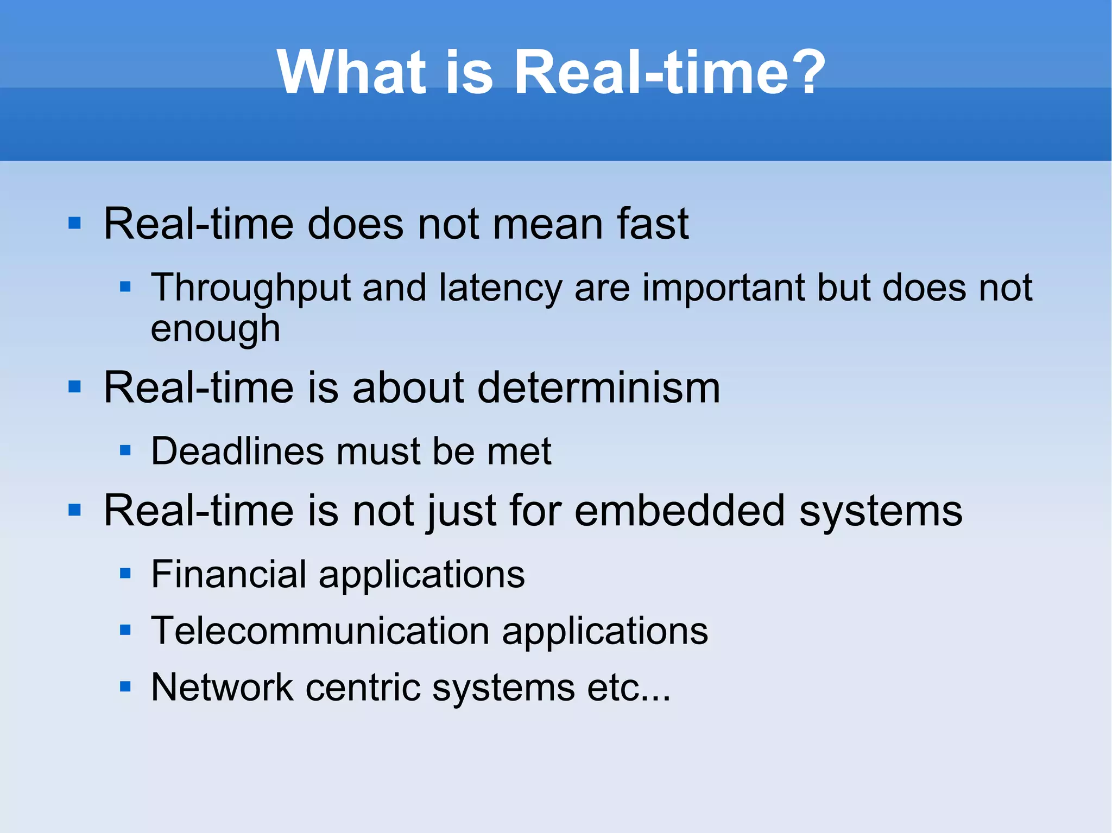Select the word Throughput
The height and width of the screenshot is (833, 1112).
(250, 288)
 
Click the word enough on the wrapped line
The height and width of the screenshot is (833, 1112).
(216, 329)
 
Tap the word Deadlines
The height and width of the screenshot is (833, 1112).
(237, 451)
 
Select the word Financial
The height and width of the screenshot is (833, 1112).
(229, 574)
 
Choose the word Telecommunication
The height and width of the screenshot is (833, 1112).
(320, 631)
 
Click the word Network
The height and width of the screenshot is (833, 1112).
(222, 687)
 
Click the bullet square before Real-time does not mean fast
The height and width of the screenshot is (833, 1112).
(74, 224)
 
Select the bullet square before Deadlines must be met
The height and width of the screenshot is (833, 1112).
(125, 450)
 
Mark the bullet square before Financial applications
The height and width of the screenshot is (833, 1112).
(125, 574)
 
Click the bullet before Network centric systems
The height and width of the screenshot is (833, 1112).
(125, 687)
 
